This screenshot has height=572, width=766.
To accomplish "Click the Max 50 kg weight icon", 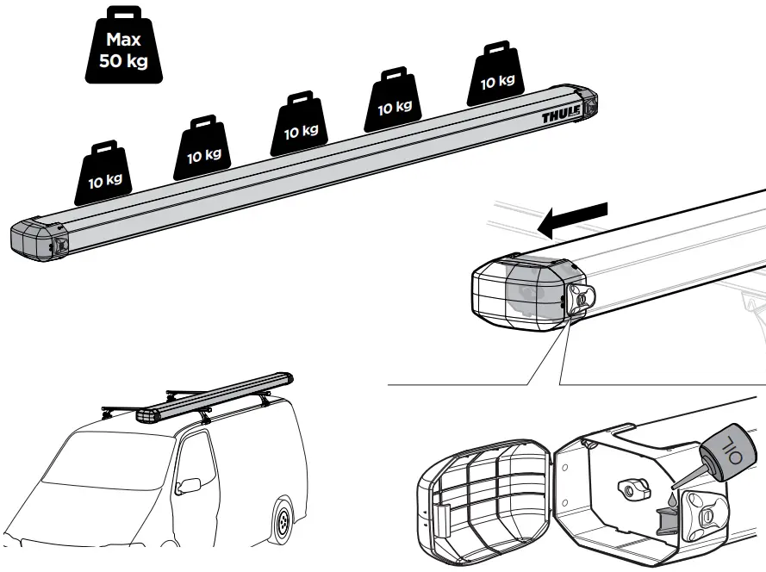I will pos(122,47).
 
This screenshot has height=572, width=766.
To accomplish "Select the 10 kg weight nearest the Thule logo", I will pos(495,77).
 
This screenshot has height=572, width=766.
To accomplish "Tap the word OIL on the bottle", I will pos(731,447).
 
